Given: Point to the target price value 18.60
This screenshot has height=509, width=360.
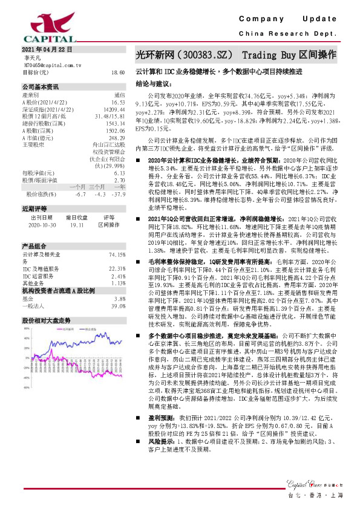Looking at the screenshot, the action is click(118, 71).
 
